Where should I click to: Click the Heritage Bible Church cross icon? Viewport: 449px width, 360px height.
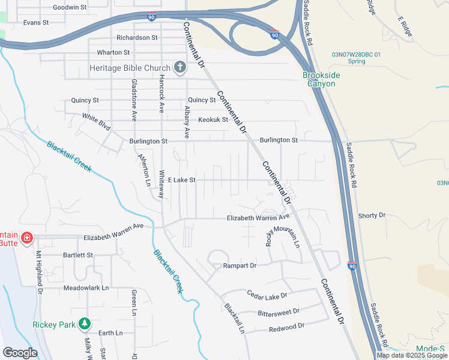pyautogui.click(x=179, y=67)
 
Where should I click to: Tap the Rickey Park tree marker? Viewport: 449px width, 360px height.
pyautogui.click(x=85, y=325)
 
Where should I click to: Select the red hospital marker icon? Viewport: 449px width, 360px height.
pyautogui.click(x=26, y=239)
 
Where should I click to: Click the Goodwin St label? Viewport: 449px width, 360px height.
pyautogui.click(x=70, y=7)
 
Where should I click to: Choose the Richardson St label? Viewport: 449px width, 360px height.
pyautogui.click(x=137, y=37)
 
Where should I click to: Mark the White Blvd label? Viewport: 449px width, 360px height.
pyautogui.click(x=97, y=122)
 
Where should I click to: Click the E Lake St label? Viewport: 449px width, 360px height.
pyautogui.click(x=182, y=179)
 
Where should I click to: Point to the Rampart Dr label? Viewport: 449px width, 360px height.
pyautogui.click(x=240, y=265)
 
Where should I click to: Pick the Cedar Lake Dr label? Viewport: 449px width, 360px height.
pyautogui.click(x=267, y=295)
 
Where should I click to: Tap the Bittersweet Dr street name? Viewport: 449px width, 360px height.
pyautogui.click(x=278, y=312)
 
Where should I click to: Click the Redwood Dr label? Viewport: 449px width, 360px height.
pyautogui.click(x=287, y=327)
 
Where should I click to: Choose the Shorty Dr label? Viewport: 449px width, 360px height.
pyautogui.click(x=371, y=215)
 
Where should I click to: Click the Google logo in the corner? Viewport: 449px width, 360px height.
pyautogui.click(x=20, y=353)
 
